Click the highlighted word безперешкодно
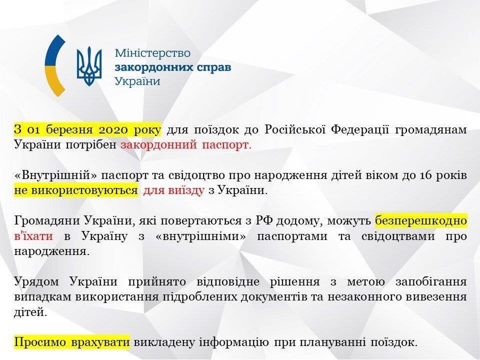click(421, 220)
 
